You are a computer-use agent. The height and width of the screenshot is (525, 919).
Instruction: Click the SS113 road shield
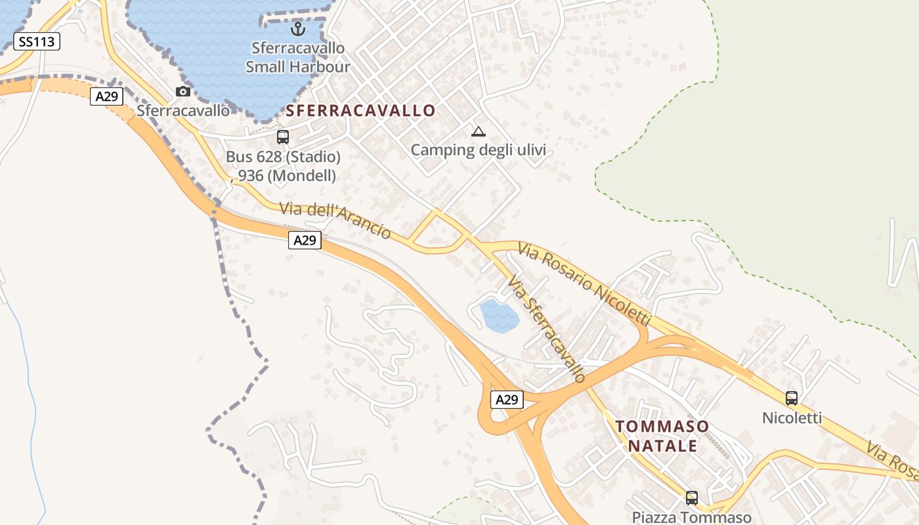(37, 42)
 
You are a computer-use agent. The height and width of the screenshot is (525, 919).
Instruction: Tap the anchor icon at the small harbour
(298, 29)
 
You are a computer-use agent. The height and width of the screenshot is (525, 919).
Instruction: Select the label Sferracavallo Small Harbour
(298, 57)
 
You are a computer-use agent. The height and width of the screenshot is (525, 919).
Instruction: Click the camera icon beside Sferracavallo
(183, 91)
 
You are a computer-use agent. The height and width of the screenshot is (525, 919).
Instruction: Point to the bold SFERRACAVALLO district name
(360, 110)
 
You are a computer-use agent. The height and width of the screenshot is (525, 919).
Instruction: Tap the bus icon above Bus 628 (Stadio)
(283, 136)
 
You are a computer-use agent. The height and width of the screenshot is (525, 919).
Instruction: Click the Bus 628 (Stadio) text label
(283, 157)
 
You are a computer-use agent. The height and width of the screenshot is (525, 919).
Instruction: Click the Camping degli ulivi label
(479, 150)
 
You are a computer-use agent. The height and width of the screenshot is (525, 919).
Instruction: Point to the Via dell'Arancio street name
(335, 220)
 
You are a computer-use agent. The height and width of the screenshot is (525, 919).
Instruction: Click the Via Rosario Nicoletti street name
(584, 283)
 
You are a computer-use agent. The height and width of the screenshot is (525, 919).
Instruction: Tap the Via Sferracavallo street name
(546, 329)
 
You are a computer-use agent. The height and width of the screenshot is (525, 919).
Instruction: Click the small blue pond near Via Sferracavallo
(500, 316)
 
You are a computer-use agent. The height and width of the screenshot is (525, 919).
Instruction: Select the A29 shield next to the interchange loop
(507, 399)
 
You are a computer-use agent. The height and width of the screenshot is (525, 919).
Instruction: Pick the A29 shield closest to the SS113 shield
(106, 96)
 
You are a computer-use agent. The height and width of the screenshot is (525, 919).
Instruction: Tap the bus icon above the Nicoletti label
(792, 398)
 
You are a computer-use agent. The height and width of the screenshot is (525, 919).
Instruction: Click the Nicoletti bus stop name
(792, 417)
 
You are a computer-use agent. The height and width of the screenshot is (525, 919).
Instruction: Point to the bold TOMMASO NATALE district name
(662, 436)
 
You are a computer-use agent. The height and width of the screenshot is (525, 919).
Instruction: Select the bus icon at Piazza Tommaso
(691, 497)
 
